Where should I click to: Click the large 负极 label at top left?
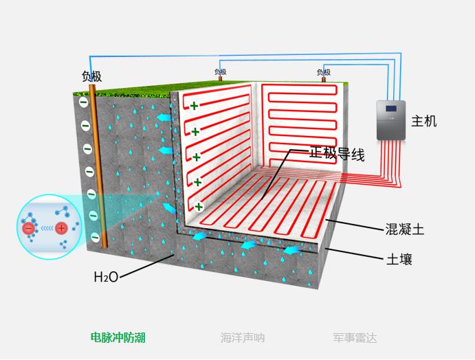pyautogui.click(x=91, y=77)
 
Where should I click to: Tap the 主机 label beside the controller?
pyautogui.click(x=423, y=122)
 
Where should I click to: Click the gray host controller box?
pyautogui.click(x=390, y=120)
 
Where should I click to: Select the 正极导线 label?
pyautogui.click(x=336, y=155)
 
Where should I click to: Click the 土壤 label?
pyautogui.click(x=399, y=260)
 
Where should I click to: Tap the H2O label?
pyautogui.click(x=106, y=277)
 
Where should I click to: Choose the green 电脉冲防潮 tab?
pyautogui.click(x=118, y=337)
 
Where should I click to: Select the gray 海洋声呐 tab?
pyautogui.click(x=242, y=337)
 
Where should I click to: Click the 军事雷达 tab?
pyautogui.click(x=355, y=337)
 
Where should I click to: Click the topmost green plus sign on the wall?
pyautogui.click(x=195, y=106)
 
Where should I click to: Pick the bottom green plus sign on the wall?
pyautogui.click(x=199, y=206)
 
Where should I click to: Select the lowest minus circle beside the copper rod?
pyautogui.click(x=95, y=237)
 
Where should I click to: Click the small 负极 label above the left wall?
pyautogui.click(x=220, y=71)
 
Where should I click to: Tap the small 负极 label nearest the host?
pyautogui.click(x=323, y=72)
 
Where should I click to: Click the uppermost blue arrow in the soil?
pyautogui.click(x=163, y=120)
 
